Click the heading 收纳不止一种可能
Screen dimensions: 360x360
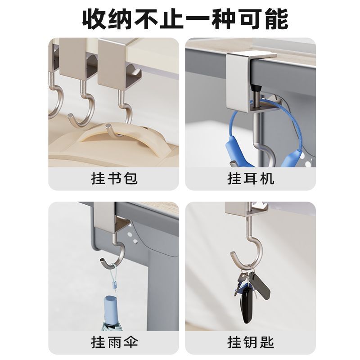(185, 19)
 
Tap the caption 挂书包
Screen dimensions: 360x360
(114, 178)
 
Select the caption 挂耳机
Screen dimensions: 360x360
(251, 178)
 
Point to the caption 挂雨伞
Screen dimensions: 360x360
(114, 342)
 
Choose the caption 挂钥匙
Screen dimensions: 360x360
(251, 342)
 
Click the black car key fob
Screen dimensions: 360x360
(246, 304)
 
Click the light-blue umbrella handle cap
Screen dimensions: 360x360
(111, 308)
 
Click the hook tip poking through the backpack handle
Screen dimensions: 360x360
(108, 126)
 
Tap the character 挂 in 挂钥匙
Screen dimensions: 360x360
(234, 342)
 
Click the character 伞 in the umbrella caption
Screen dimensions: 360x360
(130, 342)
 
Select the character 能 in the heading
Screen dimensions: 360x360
(276, 19)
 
